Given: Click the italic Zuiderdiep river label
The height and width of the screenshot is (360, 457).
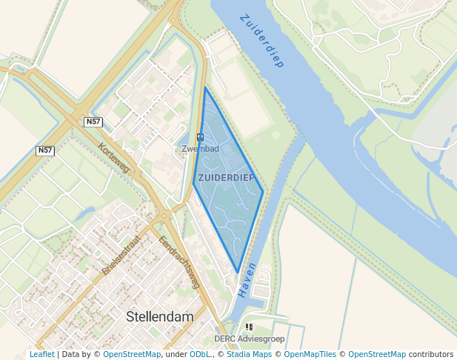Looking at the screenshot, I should tap(262, 41).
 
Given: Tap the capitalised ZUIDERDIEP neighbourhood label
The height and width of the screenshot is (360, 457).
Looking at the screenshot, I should tap(227, 178).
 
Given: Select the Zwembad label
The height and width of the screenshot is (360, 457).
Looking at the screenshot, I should tap(200, 149).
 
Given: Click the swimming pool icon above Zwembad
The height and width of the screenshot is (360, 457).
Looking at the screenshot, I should tap(200, 137).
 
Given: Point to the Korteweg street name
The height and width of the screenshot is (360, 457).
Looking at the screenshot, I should tap(113, 158).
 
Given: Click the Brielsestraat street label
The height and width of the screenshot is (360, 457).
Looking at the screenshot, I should tap(121, 256).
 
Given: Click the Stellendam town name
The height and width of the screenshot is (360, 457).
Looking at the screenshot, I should tap(160, 316).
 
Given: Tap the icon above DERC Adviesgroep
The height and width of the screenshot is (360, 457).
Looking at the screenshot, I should tap(249, 327).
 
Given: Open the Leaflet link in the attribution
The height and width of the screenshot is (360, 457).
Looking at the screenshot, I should tap(41, 355).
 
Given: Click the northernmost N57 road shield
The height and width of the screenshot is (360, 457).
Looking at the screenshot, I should tap(93, 121).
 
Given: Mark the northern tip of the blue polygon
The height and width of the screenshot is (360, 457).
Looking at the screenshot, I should tap(205, 87).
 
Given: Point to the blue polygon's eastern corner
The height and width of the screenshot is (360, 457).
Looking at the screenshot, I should tap(263, 192).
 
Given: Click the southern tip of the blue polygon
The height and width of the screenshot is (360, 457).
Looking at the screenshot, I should tap(237, 272).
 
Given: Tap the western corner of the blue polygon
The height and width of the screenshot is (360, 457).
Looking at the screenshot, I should tap(194, 182).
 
